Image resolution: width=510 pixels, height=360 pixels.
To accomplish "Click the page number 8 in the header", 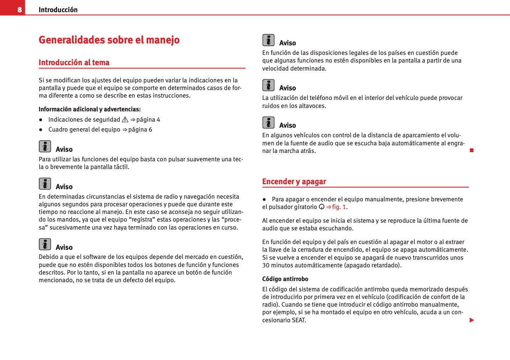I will pos(20,10).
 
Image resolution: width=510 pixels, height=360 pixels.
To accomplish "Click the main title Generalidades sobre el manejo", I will pos(109,40).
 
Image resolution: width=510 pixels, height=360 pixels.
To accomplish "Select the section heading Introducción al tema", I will pos(74,63).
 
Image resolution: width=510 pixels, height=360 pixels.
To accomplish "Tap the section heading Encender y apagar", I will pos(294,182).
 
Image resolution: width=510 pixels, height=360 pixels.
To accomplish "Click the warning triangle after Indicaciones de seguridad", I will pos(125,120).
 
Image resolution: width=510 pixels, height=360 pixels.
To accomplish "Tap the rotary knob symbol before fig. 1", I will pos(321,207).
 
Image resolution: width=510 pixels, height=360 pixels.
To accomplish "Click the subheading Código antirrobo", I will pos(285,279).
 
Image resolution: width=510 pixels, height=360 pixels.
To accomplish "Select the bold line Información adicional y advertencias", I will pos(90,109).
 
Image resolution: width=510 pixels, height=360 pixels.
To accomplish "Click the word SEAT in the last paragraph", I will pos(299,320).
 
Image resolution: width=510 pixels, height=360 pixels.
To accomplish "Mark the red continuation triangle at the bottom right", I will pos(472,320).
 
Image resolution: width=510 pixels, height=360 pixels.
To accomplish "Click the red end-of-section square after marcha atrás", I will pos(472,151).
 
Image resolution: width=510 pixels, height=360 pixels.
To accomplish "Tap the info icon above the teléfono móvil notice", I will pos(268,85).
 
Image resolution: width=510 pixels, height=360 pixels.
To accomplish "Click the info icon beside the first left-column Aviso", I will pos(45,146).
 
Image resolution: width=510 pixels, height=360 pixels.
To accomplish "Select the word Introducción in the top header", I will pos(58,10).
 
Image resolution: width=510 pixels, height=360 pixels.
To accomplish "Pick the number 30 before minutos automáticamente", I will pos(266,265).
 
